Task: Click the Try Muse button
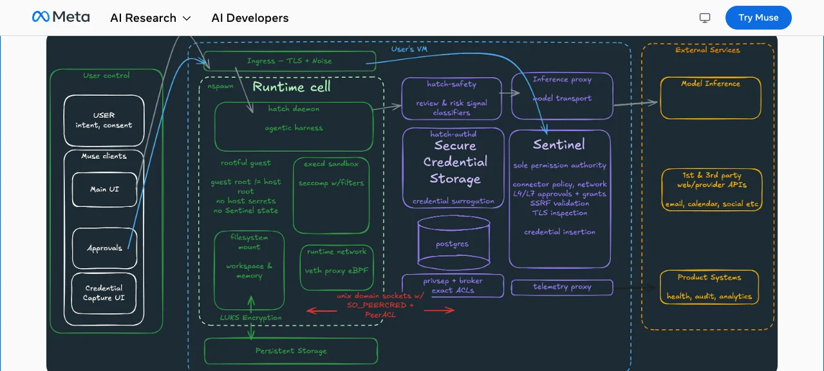click(x=758, y=17)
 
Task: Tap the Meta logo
click(x=61, y=17)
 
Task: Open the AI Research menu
click(x=151, y=18)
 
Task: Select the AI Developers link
click(x=250, y=18)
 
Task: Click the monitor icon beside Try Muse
click(x=705, y=17)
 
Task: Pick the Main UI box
click(x=104, y=190)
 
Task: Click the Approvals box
click(x=104, y=248)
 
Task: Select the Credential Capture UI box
click(x=104, y=293)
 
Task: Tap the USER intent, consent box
click(x=104, y=120)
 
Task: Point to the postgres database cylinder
click(x=454, y=243)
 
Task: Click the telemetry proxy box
click(x=562, y=287)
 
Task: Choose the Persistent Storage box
click(x=291, y=351)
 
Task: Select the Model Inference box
click(x=710, y=98)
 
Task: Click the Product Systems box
click(x=709, y=287)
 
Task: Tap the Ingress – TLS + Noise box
click(x=290, y=61)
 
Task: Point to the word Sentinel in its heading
click(x=559, y=145)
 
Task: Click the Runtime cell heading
click(x=292, y=87)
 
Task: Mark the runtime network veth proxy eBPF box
click(x=337, y=267)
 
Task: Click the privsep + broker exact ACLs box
click(x=453, y=285)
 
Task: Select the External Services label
click(x=707, y=50)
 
